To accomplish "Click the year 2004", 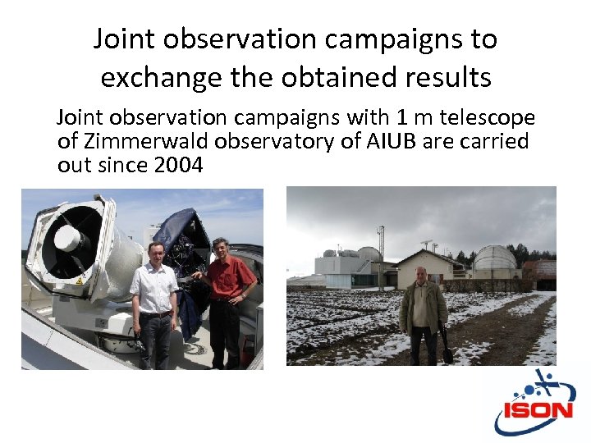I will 178,165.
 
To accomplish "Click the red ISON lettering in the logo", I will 538,409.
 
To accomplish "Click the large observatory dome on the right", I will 494,262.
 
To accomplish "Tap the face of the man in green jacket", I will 421,275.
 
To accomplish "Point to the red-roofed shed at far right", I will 542,270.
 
